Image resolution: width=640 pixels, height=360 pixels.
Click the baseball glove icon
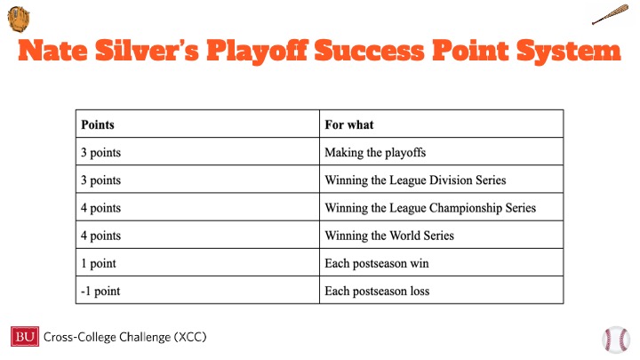coord(19,19)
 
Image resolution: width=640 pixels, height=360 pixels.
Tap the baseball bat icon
coord(610,14)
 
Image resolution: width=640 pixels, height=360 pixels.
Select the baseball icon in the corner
coord(616,340)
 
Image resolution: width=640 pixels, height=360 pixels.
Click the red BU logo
coord(25,336)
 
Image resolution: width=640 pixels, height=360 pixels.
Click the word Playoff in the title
coord(257,52)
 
